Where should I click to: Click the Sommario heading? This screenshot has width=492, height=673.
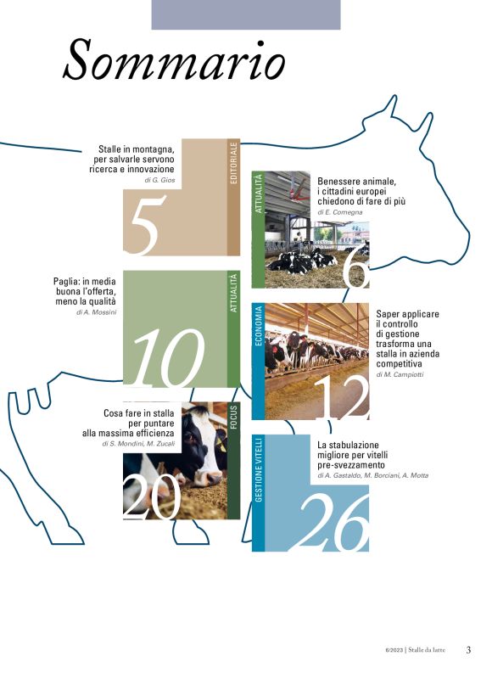tap(174, 59)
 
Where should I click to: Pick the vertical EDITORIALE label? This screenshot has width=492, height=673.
tap(234, 164)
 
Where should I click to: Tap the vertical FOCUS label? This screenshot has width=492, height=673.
tap(234, 418)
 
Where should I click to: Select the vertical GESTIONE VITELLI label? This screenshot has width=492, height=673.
tap(258, 469)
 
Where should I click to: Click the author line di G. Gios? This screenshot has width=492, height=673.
tap(159, 180)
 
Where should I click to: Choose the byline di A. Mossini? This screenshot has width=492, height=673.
tap(96, 312)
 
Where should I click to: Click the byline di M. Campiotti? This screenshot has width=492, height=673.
tap(400, 374)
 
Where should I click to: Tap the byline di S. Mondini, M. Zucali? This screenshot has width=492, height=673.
tap(138, 444)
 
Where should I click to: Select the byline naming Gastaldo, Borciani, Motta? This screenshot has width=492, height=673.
tap(372, 475)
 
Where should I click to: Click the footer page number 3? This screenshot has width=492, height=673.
tap(468, 650)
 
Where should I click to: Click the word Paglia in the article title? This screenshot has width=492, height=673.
tap(66, 282)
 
